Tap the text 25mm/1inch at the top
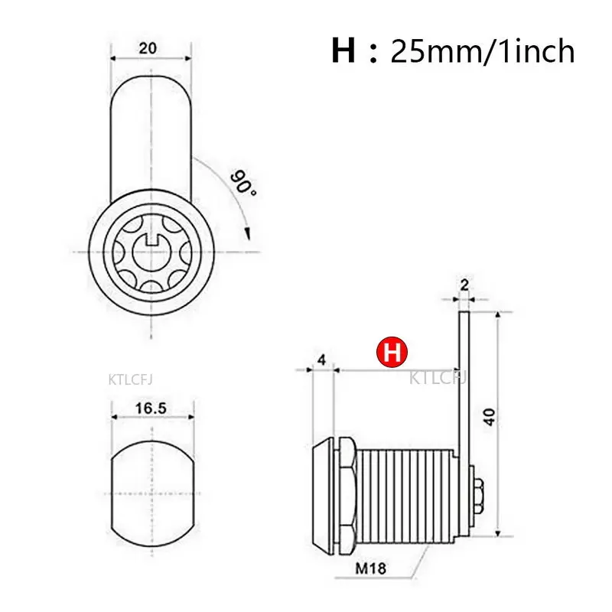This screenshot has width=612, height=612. pyautogui.click(x=482, y=51)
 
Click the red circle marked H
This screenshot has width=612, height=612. pyautogui.click(x=392, y=352)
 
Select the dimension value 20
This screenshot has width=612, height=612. pyautogui.click(x=148, y=47)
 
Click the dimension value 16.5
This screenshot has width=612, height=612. pyautogui.click(x=151, y=408)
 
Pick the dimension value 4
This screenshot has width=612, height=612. pyautogui.click(x=321, y=359)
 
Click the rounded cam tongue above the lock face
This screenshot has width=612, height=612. pyautogui.click(x=150, y=138)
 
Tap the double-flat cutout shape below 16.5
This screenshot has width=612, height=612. pyautogui.click(x=151, y=485)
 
